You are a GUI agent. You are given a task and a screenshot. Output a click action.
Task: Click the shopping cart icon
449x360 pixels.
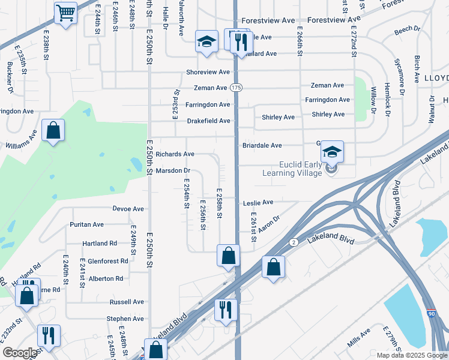click(65, 13)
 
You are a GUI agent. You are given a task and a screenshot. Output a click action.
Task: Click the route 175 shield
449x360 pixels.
click(236, 88)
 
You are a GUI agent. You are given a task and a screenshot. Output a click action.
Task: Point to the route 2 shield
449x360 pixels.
click(294, 242)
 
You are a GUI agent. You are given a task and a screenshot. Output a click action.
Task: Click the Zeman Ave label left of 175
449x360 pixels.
click(210, 88)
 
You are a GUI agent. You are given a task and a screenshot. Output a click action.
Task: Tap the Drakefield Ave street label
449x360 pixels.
click(208, 121)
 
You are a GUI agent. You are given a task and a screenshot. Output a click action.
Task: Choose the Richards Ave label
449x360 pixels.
click(175, 154)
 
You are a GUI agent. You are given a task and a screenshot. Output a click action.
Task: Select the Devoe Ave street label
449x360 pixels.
click(128, 209)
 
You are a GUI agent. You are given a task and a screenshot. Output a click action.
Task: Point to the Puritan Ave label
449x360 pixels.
click(86, 224)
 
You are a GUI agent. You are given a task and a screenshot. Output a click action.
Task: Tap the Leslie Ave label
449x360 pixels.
click(258, 203)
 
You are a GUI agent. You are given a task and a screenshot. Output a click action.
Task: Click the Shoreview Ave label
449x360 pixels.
click(208, 72)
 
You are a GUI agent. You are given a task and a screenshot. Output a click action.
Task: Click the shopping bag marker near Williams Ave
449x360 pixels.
click(53, 131)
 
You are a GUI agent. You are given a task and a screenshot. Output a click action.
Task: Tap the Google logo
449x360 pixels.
click(19, 353)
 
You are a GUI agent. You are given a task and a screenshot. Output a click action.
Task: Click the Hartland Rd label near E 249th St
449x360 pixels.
click(100, 243)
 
